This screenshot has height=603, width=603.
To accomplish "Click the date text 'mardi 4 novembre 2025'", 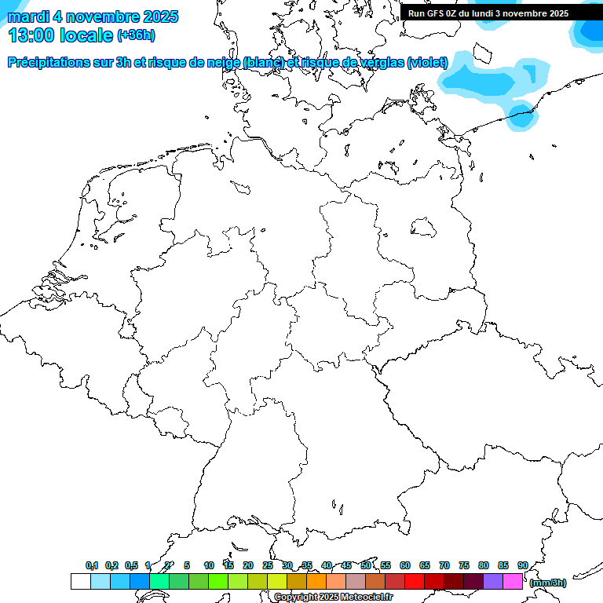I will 93,16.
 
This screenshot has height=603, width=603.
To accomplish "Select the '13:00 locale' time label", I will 60,35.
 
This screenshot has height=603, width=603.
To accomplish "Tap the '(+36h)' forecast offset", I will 136,35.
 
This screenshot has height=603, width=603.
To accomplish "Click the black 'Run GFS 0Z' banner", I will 488,13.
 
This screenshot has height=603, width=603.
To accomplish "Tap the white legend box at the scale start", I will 80,582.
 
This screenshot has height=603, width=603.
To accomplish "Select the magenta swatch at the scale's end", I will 513,582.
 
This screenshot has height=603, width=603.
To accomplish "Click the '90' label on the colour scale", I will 523,565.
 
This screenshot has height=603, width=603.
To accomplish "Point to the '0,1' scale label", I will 92,565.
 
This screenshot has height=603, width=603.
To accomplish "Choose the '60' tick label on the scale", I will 405,565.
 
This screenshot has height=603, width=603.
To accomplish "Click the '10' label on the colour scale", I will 209,565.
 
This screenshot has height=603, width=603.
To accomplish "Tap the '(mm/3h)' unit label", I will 548,583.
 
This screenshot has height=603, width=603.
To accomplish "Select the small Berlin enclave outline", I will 424,227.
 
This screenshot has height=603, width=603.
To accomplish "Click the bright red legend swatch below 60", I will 415,582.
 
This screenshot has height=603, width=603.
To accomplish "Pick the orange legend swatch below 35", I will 316,582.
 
